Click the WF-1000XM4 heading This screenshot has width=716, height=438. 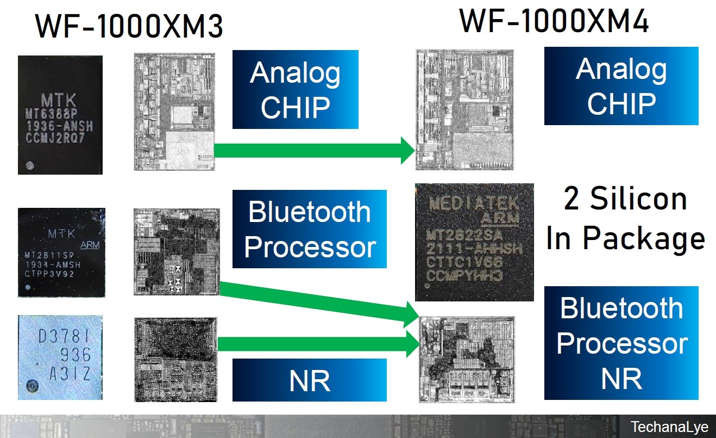pyautogui.click(x=554, y=22)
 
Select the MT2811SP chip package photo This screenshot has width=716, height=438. pyautogui.click(x=61, y=252)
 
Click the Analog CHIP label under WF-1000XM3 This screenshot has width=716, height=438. pyautogui.click(x=295, y=90)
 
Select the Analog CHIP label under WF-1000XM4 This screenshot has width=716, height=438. pyautogui.click(x=621, y=86)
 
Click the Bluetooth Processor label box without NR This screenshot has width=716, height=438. pyautogui.click(x=310, y=229)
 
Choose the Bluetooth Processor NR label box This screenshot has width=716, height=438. pyautogui.click(x=621, y=343)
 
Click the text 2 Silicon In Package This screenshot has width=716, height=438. pyautogui.click(x=625, y=219)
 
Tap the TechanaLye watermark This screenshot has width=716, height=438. pyautogui.click(x=669, y=427)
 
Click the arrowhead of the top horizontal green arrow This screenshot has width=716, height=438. pyautogui.click(x=407, y=151)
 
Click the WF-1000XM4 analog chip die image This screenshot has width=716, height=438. pyautogui.click(x=464, y=109)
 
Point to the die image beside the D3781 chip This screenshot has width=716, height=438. pyautogui.click(x=175, y=357)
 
